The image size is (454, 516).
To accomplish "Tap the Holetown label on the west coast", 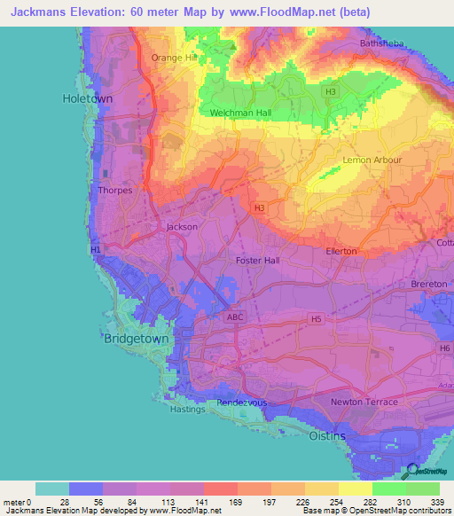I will (88, 99).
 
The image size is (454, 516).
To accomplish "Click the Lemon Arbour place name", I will (372, 160).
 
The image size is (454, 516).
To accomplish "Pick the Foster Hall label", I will (257, 261).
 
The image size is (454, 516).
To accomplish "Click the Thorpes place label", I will (116, 191).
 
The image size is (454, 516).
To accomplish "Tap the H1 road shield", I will (95, 250).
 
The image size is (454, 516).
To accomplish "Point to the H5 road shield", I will (315, 317).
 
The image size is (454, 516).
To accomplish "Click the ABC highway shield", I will (234, 317).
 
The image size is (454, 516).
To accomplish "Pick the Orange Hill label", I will (172, 58).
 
